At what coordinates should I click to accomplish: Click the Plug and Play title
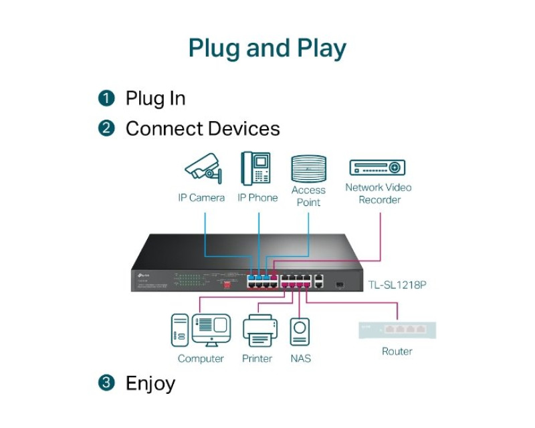(x=267, y=49)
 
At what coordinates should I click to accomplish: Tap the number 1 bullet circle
(x=106, y=99)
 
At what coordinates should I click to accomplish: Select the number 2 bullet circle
(x=106, y=128)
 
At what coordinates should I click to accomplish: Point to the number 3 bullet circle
(x=106, y=383)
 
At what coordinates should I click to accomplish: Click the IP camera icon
(x=202, y=168)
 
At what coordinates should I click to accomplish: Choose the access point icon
(x=308, y=169)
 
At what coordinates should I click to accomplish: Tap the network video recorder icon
(x=377, y=168)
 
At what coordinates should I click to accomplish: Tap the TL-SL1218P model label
(x=397, y=285)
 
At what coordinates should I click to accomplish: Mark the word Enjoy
(x=150, y=383)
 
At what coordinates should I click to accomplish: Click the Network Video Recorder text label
(x=379, y=193)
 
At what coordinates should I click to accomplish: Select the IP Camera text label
(x=201, y=198)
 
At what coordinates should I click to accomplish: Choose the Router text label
(x=397, y=351)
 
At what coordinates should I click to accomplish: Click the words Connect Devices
(x=203, y=128)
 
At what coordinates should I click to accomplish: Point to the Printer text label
(x=257, y=359)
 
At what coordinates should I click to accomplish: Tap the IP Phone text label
(x=257, y=198)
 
